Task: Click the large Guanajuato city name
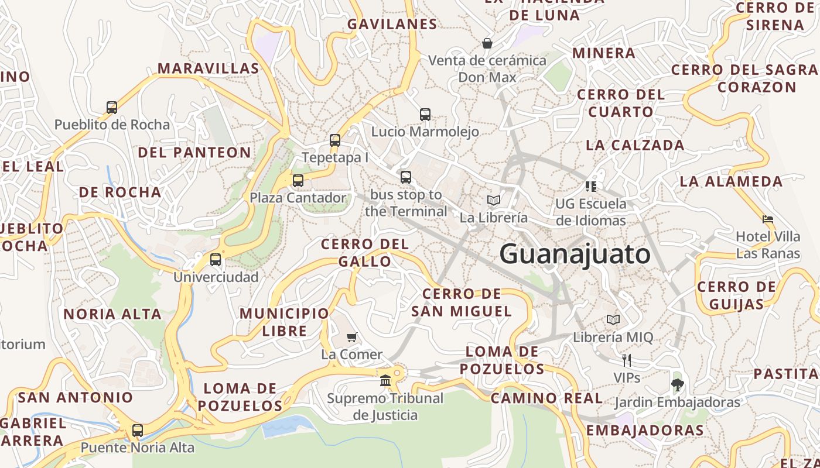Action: click(575, 254)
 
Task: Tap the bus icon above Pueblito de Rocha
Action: click(112, 108)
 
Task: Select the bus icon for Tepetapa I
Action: click(335, 140)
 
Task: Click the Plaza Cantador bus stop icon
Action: click(298, 181)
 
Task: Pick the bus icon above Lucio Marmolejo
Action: click(425, 115)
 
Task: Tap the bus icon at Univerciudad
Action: click(216, 260)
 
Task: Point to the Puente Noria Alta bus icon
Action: click(138, 431)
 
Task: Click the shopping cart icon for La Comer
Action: click(352, 337)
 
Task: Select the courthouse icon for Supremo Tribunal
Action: click(385, 381)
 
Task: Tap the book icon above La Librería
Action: click(494, 201)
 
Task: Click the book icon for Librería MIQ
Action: click(613, 320)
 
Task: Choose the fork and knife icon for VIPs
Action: click(626, 360)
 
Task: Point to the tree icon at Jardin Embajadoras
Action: click(678, 385)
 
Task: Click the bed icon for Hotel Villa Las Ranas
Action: click(768, 219)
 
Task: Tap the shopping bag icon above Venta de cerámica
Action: click(487, 43)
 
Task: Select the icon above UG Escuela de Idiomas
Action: click(590, 187)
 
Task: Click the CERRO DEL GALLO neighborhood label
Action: click(365, 252)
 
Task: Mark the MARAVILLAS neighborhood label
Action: click(208, 68)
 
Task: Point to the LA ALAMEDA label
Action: click(731, 181)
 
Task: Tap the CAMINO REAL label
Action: click(546, 398)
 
